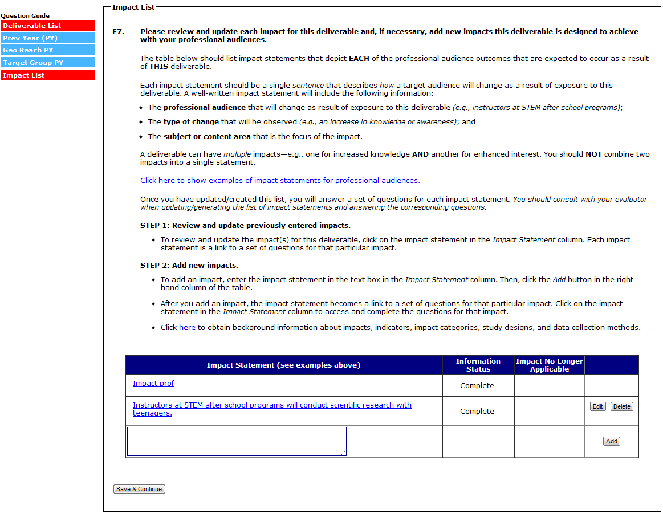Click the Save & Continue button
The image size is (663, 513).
point(139,489)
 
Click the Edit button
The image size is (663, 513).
point(597,406)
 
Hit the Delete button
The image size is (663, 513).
point(621,406)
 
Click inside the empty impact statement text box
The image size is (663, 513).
point(237,441)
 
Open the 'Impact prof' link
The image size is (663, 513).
point(153,384)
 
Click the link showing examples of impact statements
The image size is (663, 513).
point(280,180)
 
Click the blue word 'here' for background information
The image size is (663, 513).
point(187,328)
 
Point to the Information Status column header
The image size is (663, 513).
point(478,365)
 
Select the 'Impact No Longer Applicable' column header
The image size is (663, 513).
point(549,365)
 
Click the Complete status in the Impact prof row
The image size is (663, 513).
point(477,386)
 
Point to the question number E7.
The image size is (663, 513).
point(118,32)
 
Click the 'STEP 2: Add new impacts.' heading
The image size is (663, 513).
point(189,266)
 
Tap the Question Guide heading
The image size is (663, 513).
point(25,16)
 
